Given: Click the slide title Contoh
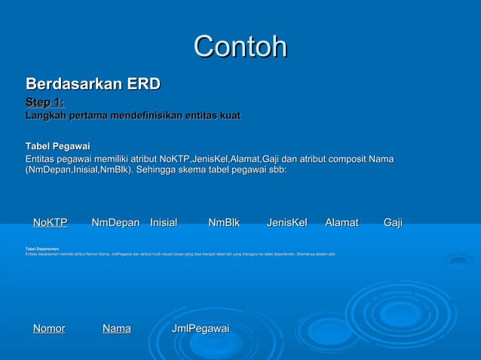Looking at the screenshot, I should [240, 47].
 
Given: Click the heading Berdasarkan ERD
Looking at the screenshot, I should [93, 84].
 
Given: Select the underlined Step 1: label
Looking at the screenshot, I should [44, 102].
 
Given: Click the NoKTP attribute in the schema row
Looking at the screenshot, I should [50, 222].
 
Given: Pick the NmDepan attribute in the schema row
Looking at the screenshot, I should [115, 222].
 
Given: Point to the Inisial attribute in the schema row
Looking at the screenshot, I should [164, 222].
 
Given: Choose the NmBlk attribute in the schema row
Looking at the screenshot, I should [224, 222].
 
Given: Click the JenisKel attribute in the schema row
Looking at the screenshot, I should [286, 222].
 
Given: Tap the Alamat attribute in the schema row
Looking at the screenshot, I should [342, 222].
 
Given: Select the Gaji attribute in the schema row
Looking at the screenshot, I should [393, 222].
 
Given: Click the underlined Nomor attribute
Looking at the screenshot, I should [49, 328].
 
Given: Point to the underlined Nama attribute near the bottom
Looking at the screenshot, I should [117, 328].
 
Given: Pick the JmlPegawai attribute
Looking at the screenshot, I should [201, 328].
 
